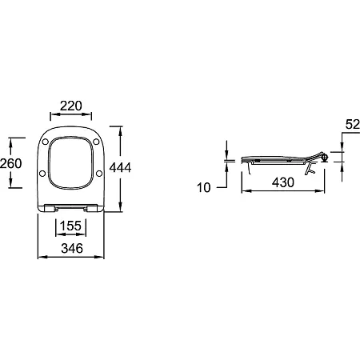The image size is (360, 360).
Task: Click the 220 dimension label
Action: [x=71, y=106]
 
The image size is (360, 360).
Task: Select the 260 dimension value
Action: [x=10, y=163]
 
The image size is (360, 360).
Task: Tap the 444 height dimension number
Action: [x=121, y=167]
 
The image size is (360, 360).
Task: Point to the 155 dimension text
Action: [x=70, y=226]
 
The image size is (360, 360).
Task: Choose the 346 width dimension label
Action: [x=72, y=248]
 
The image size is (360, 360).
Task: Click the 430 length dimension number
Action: [x=283, y=182]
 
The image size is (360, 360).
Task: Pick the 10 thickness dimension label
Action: [x=204, y=187]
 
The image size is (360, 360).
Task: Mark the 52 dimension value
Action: [x=353, y=124]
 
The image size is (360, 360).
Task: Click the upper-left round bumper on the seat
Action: [x=46, y=142]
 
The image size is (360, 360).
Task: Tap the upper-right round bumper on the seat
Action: [x=96, y=142]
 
